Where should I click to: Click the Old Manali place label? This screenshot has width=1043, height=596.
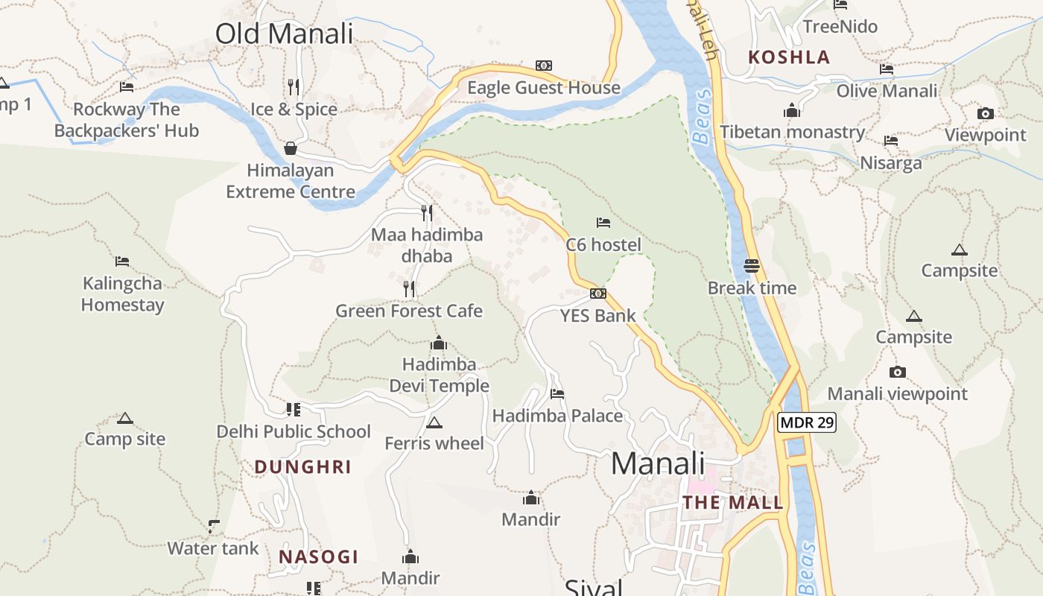coord(284,34)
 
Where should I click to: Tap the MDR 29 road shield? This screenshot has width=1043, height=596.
coord(807,423)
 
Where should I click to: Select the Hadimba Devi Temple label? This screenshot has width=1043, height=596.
coord(440,375)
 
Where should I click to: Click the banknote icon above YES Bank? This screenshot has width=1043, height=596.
coord(598,294)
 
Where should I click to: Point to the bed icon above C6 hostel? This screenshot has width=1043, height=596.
coord(603,223)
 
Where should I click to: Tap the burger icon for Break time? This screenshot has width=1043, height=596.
coord(751,266)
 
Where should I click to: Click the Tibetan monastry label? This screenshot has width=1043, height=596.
coord(792,133)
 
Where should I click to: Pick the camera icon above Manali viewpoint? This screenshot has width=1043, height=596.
coord(898,372)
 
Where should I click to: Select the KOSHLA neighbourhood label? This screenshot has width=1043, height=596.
coord(789,57)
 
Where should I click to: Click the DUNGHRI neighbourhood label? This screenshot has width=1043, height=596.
coord(302,467)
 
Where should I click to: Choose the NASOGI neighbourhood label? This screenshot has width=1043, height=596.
coord(319,557)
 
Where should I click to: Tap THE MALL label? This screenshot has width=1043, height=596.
coord(733,503)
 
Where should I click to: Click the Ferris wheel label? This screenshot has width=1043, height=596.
coord(434,443)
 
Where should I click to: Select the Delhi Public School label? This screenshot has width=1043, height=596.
coord(294,431)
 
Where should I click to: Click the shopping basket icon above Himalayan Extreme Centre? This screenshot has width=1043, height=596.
coord(291,148)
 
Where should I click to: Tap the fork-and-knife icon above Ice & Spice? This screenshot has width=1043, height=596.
coord(294,87)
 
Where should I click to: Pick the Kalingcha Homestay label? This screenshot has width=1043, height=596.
coord(123,294)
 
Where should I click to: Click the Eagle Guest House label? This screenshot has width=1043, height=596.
coord(543,88)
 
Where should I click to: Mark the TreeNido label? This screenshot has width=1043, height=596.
coord(840,27)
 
